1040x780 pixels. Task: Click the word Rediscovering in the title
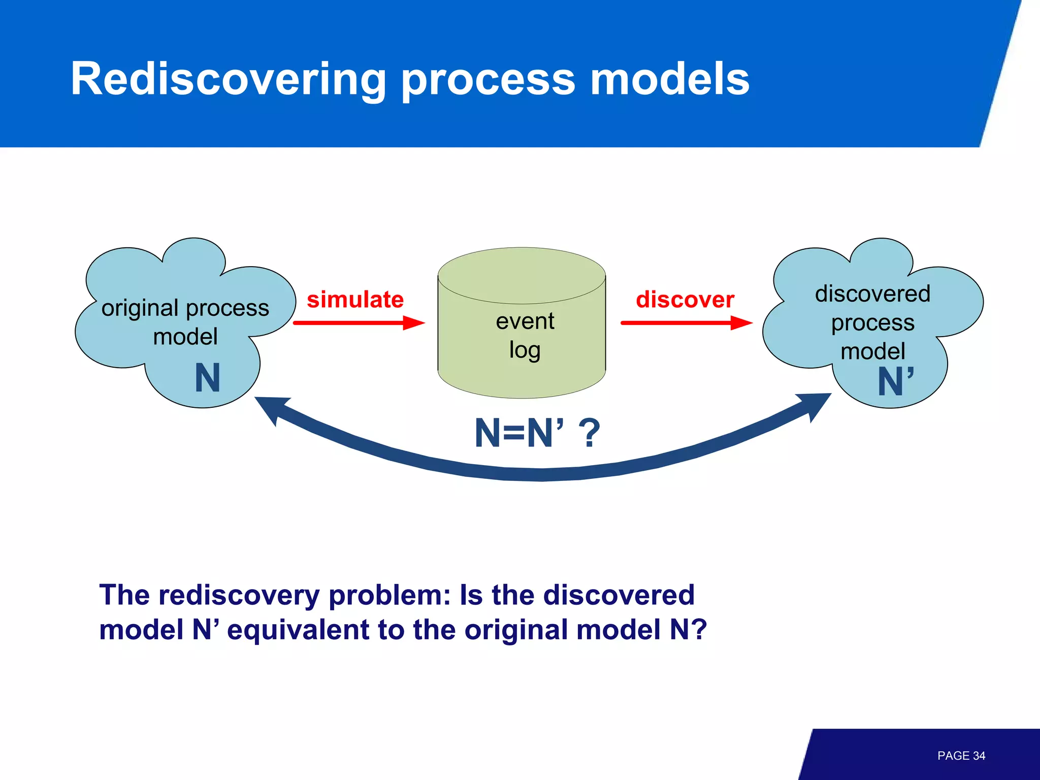229,79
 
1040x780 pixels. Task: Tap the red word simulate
355,300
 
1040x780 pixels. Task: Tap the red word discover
685,300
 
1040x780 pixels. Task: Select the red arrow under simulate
359,323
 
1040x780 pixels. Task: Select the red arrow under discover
686,323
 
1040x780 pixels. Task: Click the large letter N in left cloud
207,378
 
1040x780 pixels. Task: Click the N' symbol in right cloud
895,382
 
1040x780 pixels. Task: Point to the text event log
525,335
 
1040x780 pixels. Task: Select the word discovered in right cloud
872,294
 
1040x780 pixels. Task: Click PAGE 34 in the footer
961,756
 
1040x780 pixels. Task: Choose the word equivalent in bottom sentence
298,630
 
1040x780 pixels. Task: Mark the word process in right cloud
872,323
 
